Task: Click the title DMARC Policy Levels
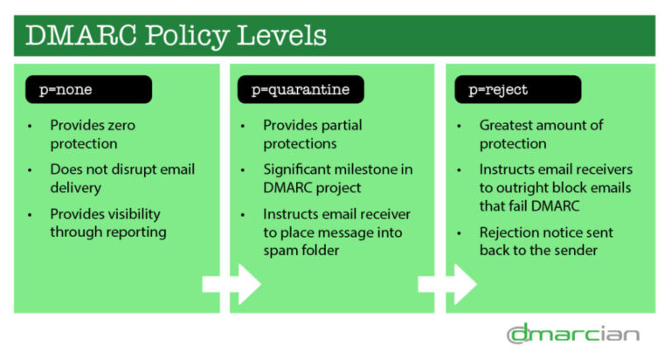pyautogui.click(x=176, y=36)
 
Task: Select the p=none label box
pyautogui.click(x=87, y=89)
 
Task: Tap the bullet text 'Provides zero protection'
pyautogui.click(x=93, y=134)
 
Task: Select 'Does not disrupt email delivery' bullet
pyautogui.click(x=121, y=178)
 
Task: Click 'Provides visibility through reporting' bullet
pyautogui.click(x=106, y=223)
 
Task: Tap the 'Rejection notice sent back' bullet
pyautogui.click(x=545, y=241)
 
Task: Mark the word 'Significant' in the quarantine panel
pyautogui.click(x=299, y=169)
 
